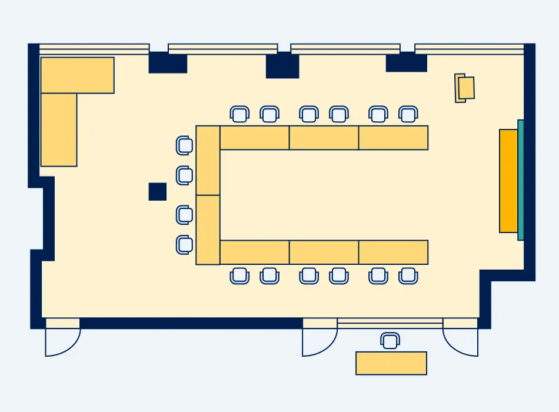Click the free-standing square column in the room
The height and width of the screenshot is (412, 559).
[x=157, y=191]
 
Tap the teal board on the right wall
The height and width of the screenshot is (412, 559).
[x=521, y=180]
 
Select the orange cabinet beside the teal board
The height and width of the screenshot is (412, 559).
[x=508, y=181]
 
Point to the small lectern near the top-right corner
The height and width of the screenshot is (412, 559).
[x=465, y=88]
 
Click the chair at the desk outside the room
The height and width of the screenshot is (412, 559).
[x=390, y=340]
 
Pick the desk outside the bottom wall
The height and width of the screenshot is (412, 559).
[x=391, y=363]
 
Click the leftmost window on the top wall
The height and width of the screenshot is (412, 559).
[x=94, y=49]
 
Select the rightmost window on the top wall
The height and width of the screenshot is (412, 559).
[x=469, y=49]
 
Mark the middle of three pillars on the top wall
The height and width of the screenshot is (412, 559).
[x=282, y=65]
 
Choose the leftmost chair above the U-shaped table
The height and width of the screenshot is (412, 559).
[x=239, y=114]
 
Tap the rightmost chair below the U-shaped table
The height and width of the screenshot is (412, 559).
[x=408, y=275]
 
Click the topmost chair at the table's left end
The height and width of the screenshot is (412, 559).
[x=184, y=145]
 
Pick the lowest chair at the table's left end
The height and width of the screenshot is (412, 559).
[x=184, y=244]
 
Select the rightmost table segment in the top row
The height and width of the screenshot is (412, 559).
[x=393, y=138]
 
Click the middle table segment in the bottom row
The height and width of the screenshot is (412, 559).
[x=324, y=252]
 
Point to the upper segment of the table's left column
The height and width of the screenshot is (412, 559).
[x=208, y=160]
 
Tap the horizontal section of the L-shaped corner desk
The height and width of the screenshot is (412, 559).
[x=77, y=75]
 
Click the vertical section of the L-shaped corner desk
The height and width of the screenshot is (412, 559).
[x=59, y=129]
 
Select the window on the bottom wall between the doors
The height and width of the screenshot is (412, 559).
[x=390, y=323]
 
